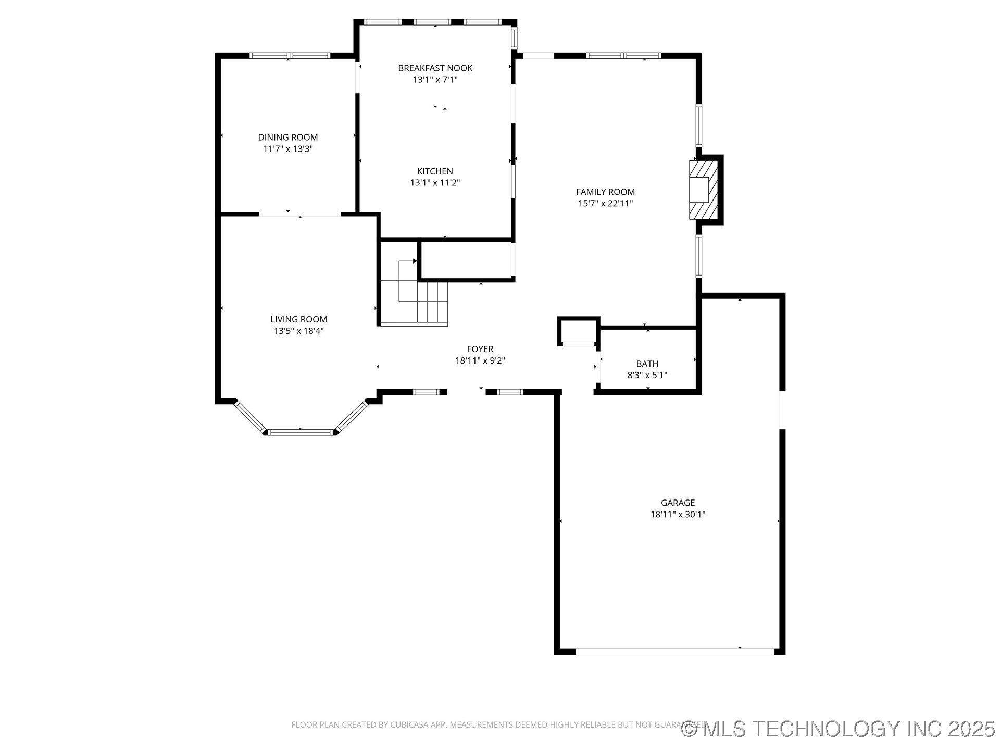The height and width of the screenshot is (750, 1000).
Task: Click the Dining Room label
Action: click(x=287, y=137)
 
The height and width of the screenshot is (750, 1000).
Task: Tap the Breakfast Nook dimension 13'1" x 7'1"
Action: click(x=435, y=80)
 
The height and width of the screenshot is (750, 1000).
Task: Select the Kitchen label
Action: click(x=435, y=171)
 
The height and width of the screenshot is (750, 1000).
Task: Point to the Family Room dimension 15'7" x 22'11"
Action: click(x=605, y=204)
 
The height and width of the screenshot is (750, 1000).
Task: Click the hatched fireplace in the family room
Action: click(x=704, y=190)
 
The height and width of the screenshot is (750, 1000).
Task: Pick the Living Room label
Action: click(x=298, y=319)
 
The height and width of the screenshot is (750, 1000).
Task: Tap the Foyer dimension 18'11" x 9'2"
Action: click(x=480, y=360)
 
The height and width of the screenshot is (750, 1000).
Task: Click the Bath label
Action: click(x=647, y=364)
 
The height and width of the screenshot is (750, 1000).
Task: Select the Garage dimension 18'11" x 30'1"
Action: click(x=678, y=515)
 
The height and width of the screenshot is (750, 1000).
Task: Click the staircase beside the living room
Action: click(x=414, y=294)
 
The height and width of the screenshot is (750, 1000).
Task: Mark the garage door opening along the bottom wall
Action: click(x=674, y=652)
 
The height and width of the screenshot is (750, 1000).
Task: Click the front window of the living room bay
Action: click(x=301, y=432)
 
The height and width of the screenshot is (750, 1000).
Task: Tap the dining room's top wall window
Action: click(x=290, y=56)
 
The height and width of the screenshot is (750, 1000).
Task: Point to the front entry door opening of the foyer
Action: click(x=466, y=392)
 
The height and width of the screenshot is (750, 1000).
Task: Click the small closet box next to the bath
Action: click(x=578, y=331)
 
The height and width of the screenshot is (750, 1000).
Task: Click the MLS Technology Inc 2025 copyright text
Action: click(x=838, y=729)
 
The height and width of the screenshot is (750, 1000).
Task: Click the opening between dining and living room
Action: click(x=300, y=214)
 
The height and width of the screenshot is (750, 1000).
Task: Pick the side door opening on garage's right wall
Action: click(x=782, y=409)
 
